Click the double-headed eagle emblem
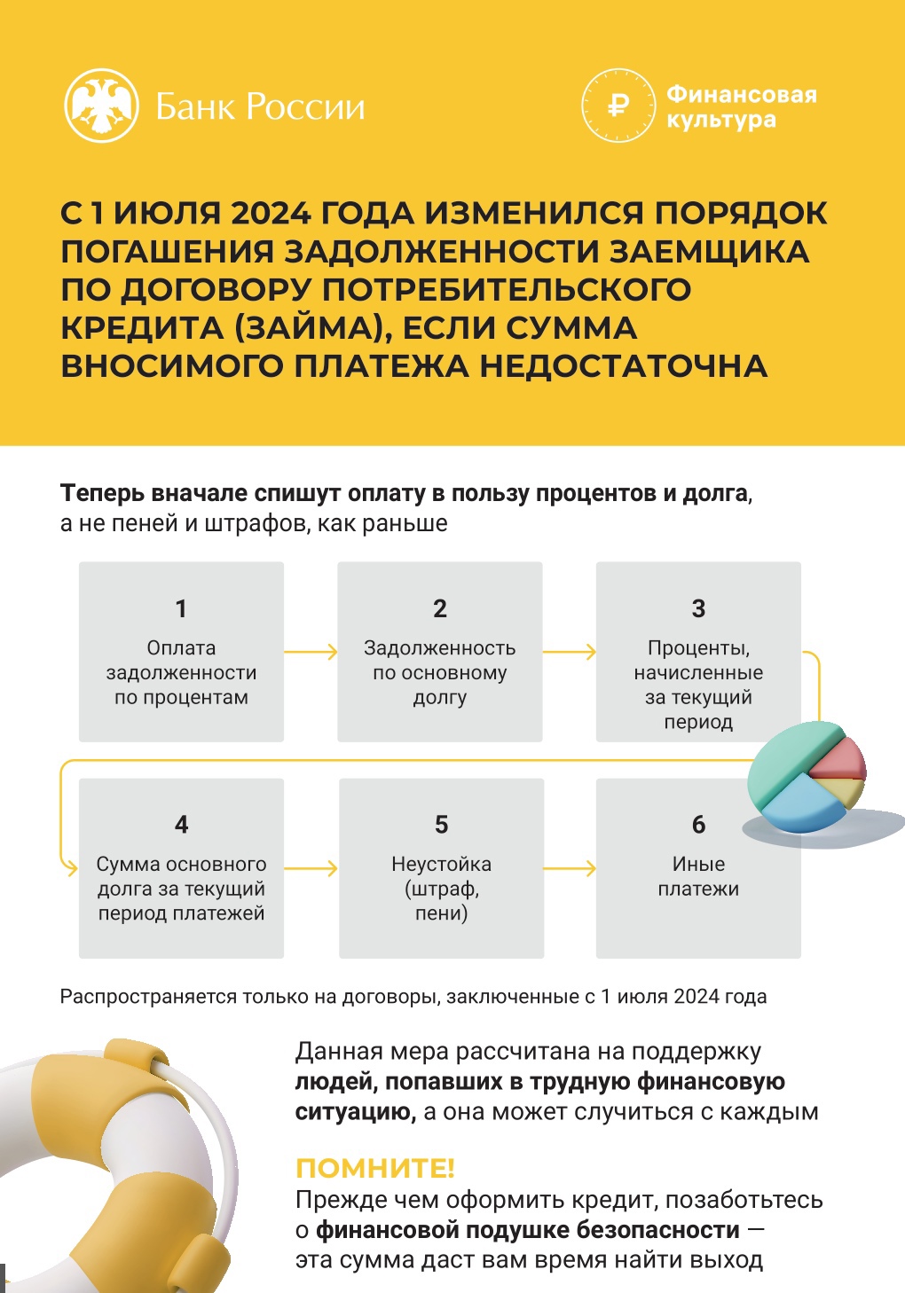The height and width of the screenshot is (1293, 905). pyautogui.click(x=102, y=106)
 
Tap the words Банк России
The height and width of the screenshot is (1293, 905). pyautogui.click(x=260, y=106)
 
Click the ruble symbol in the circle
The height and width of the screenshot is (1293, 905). pyautogui.click(x=618, y=106)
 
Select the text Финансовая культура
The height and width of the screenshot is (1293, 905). pyautogui.click(x=742, y=106)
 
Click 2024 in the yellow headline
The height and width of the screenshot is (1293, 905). pyautogui.click(x=271, y=213)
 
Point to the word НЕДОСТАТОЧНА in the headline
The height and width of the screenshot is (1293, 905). pyautogui.click(x=624, y=366)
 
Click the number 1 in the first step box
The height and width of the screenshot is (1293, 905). pyautogui.click(x=181, y=609)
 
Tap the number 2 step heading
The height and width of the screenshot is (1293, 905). pyautogui.click(x=440, y=609)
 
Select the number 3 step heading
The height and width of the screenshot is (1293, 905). pyautogui.click(x=699, y=609)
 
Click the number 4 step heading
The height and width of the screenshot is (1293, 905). pyautogui.click(x=181, y=824)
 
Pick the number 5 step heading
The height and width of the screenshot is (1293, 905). pyautogui.click(x=441, y=824)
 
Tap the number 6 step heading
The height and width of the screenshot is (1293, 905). pyautogui.click(x=699, y=824)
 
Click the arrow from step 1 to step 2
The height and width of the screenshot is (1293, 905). pyautogui.click(x=311, y=652)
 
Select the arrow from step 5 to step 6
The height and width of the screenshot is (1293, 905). pyautogui.click(x=570, y=868)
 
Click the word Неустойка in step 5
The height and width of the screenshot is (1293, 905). pyautogui.click(x=441, y=864)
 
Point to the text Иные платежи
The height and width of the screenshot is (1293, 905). pyautogui.click(x=699, y=876)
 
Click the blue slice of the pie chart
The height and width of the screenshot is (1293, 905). pyautogui.click(x=803, y=803)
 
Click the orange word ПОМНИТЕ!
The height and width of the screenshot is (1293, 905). pyautogui.click(x=374, y=1168)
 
